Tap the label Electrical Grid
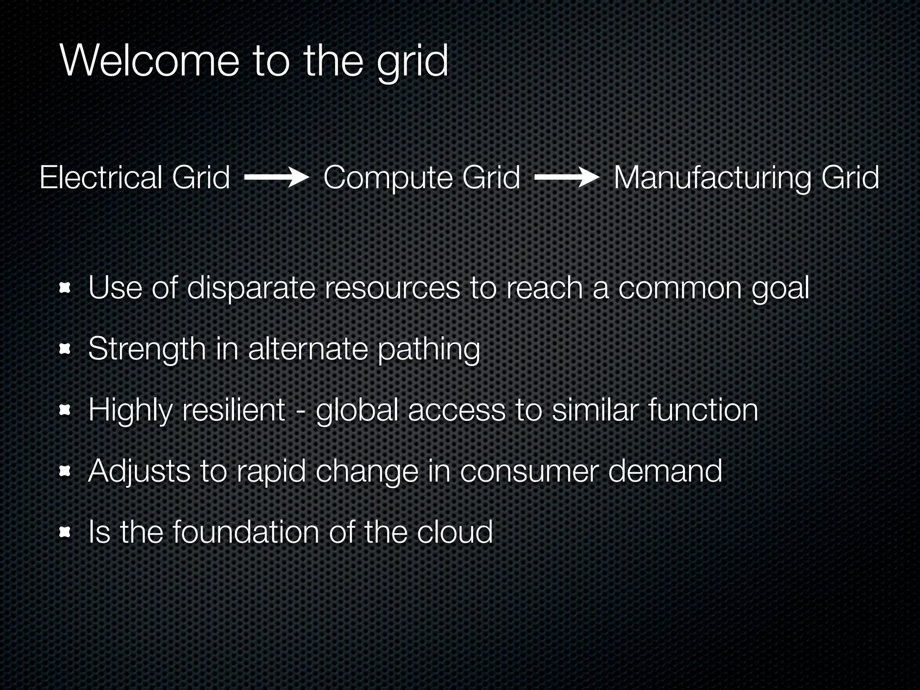click(135, 177)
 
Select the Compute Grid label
click(421, 177)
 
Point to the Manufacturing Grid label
click(746, 177)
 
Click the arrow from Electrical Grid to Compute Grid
click(276, 178)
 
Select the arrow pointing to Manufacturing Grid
click(566, 178)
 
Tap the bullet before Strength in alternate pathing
click(66, 349)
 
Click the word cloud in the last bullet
click(455, 532)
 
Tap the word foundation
click(246, 532)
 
